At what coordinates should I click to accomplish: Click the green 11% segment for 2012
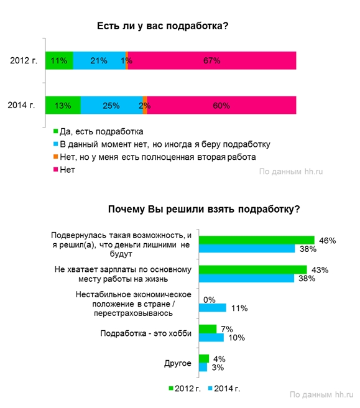[59, 60]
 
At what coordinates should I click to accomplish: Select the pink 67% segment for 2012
[212, 60]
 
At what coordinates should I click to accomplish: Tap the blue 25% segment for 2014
[111, 105]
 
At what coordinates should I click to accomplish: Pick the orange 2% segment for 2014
[145, 105]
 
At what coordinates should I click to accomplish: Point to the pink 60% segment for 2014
[221, 105]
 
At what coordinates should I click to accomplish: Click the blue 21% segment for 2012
[99, 60]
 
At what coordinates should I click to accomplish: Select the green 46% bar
[257, 240]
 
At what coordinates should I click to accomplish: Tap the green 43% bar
[253, 269]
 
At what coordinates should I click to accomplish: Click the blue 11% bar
[213, 308]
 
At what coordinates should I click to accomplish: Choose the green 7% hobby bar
[208, 329]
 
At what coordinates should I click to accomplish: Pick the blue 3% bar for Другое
[203, 367]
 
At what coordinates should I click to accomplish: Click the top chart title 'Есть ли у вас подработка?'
[162, 26]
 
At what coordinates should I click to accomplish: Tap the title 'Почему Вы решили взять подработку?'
[204, 209]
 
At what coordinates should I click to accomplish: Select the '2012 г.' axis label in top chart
[24, 60]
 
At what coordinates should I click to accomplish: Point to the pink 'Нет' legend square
[55, 169]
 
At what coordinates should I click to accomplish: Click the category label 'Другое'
[178, 363]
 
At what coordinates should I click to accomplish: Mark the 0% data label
[210, 300]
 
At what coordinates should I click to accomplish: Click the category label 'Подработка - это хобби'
[146, 333]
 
